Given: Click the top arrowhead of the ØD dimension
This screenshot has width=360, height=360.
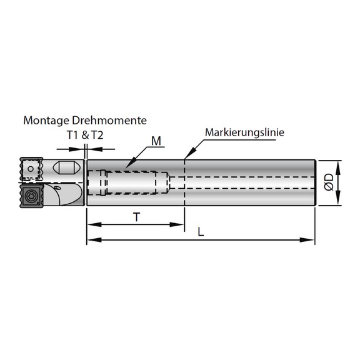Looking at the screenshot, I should click(x=338, y=164).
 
